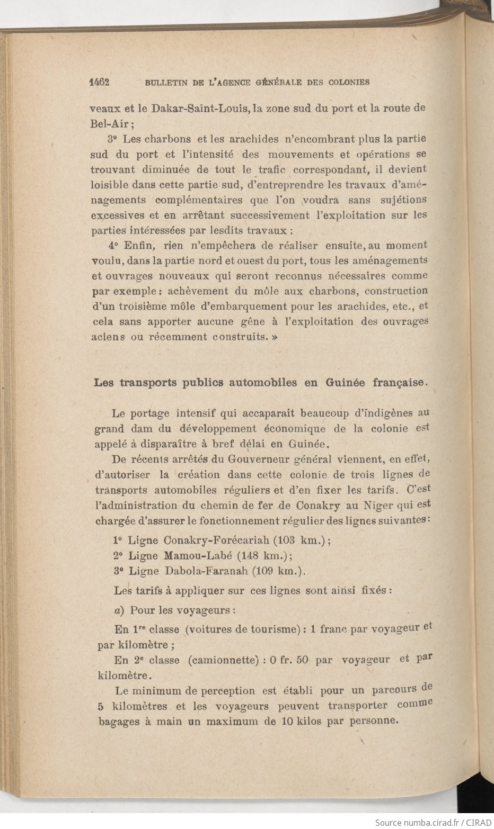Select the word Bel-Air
point(111,124)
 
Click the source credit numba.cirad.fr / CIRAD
point(433,823)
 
